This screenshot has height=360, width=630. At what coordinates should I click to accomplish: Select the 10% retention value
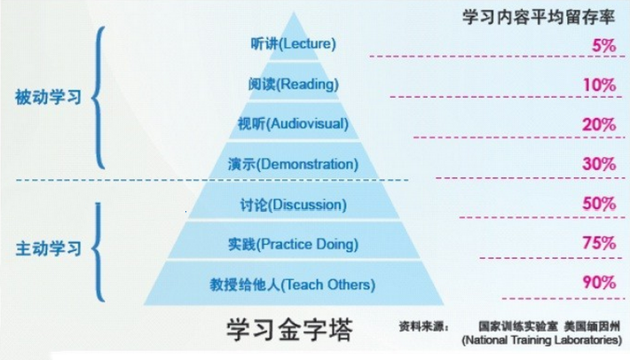click(x=600, y=85)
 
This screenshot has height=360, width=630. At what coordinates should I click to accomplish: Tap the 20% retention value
click(x=600, y=125)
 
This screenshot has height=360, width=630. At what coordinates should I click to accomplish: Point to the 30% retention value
click(x=600, y=165)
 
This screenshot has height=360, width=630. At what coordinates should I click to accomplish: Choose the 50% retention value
click(x=600, y=204)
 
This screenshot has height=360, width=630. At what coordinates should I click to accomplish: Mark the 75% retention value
click(x=600, y=244)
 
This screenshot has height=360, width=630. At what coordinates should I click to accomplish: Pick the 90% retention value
click(x=600, y=284)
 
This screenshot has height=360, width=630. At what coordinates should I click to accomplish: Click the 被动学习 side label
click(x=48, y=98)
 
